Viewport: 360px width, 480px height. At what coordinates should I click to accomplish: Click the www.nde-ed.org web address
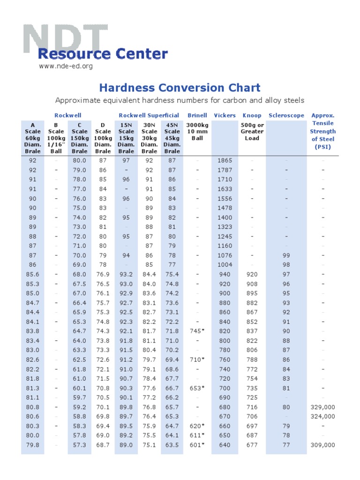66,66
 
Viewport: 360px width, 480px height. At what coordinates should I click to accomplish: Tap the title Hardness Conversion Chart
180,88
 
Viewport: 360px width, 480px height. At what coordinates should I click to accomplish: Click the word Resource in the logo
68,54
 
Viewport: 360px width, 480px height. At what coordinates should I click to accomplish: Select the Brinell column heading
197,115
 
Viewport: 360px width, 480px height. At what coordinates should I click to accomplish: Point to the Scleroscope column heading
286,115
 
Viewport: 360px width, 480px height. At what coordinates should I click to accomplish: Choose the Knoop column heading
252,115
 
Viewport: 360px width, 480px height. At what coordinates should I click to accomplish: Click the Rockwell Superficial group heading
149,115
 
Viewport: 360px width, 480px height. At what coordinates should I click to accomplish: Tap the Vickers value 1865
225,160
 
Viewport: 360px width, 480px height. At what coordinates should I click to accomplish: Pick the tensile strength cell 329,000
322,407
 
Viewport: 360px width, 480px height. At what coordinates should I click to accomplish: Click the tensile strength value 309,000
322,445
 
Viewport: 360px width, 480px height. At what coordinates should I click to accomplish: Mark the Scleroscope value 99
286,255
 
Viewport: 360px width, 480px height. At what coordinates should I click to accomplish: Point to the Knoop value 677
252,445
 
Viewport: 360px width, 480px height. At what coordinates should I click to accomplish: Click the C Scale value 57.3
79,445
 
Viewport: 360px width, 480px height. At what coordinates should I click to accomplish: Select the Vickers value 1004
225,264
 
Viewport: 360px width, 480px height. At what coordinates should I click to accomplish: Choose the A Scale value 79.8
33,445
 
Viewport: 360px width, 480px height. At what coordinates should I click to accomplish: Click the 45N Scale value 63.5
172,445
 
